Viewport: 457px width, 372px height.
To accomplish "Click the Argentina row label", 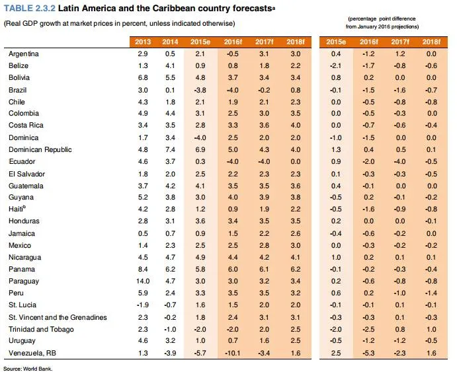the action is tap(24, 54).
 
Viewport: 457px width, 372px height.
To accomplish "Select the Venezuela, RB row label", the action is tap(32, 353).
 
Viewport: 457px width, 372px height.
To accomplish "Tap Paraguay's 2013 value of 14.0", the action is tap(143, 281).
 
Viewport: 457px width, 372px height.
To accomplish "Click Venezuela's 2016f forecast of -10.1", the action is tap(233, 353).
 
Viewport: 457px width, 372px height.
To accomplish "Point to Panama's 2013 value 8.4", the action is tap(143, 269).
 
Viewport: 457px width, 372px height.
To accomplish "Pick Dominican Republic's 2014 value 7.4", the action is tap(170, 149).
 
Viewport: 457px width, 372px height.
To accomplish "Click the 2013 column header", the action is tap(143, 42).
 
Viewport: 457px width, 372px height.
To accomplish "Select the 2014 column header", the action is tap(170, 42).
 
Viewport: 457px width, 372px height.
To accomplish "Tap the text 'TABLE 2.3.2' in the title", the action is tap(30, 8).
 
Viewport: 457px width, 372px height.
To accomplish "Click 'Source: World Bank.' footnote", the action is tap(28, 369).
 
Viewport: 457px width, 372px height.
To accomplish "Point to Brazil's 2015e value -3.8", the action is tap(200, 91).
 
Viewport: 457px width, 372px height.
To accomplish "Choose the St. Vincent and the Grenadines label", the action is tap(58, 317).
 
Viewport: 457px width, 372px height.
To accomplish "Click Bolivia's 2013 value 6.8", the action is tap(143, 78).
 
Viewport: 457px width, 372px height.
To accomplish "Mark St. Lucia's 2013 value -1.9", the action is tap(143, 305).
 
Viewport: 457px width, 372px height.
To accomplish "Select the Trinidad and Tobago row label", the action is tap(41, 329).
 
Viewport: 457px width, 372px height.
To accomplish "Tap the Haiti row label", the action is tap(17, 209).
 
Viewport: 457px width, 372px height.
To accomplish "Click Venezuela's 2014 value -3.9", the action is tap(170, 353).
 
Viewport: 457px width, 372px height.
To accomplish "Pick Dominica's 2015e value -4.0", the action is tap(200, 137).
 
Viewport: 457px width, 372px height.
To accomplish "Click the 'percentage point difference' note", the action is tap(382, 19).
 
